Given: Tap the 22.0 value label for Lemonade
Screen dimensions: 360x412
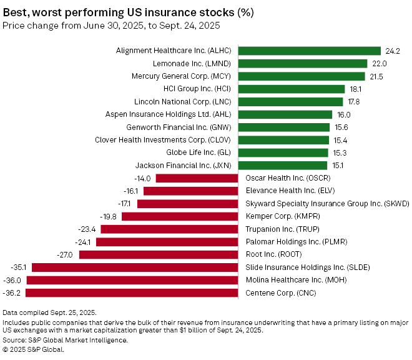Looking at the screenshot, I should pos(380,63).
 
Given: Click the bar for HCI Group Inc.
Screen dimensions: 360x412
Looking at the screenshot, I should pos(292,89).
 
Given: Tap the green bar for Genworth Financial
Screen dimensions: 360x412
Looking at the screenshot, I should pos(284,127).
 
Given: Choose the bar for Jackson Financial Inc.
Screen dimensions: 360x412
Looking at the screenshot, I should pos(283,165).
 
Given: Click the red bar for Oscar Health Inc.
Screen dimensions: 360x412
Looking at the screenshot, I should pos(197,178).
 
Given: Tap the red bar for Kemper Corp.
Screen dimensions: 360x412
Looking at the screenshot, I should pos(180,216).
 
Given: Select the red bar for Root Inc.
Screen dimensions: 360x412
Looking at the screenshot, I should pos(159,254).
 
